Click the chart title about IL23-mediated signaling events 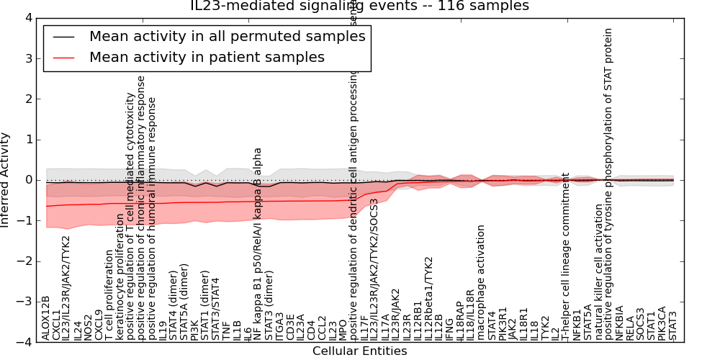pos(359,6)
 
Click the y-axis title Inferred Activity pos(6,180)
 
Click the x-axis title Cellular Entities pos(359,351)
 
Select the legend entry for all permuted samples pos(227,37)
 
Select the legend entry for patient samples pos(207,58)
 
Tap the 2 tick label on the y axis pos(27,99)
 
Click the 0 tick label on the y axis pos(27,180)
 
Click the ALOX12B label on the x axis pos(46,318)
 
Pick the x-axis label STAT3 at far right pos(672,325)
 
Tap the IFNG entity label pos(449,329)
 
